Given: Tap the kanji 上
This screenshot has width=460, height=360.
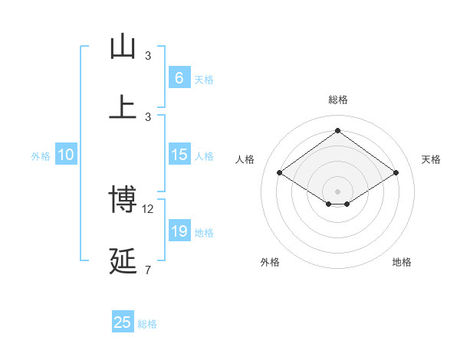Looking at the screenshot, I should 123,106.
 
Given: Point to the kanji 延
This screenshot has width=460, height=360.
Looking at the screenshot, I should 123,260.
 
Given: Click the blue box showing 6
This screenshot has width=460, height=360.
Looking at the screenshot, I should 179,77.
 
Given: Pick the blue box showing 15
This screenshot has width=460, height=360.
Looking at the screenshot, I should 179,155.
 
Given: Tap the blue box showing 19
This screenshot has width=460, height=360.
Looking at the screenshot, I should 179,231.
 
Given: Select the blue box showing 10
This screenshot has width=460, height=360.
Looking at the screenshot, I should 66,155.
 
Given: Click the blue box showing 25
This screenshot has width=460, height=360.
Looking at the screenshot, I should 123,322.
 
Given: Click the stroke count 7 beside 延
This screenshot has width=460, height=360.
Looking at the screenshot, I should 148,270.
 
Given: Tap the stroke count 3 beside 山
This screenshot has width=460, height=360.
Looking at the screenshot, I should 148,55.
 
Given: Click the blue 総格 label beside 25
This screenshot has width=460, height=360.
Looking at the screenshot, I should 147,324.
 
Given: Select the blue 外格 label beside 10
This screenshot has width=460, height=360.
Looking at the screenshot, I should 41,156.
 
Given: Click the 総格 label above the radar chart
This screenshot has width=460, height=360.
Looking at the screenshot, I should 338,100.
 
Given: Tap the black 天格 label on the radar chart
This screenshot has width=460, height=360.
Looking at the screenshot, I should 431,159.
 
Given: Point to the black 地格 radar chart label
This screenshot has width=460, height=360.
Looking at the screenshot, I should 402,262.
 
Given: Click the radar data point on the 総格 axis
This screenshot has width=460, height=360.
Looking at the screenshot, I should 337,130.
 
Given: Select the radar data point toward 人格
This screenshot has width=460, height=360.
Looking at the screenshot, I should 280,173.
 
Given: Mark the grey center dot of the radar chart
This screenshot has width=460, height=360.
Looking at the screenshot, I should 337,190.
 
